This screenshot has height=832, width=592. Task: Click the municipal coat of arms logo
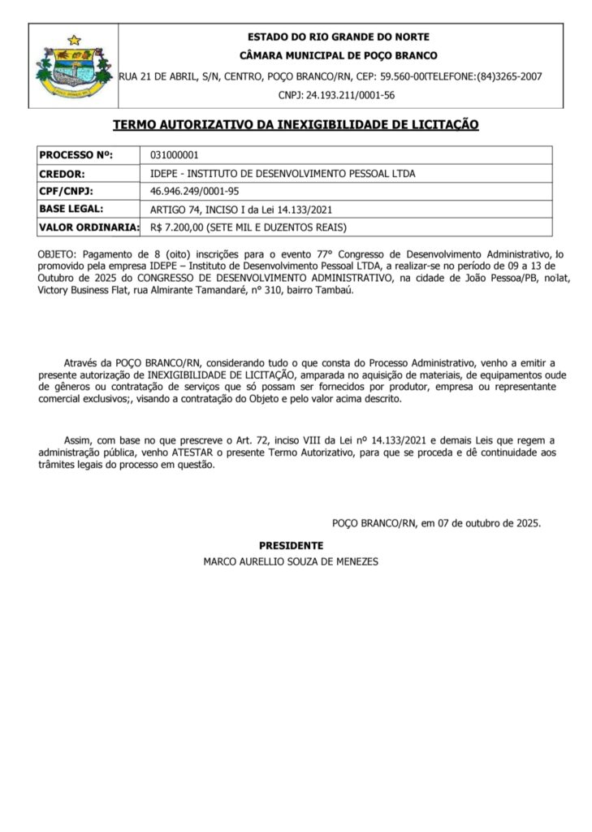73,67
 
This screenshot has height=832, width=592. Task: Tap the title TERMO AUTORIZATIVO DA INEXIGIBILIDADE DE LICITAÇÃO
296,125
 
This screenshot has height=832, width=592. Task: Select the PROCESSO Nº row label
77,155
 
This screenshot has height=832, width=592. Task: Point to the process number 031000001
175,155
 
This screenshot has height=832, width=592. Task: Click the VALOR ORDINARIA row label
89,227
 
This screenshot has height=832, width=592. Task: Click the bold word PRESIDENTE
291,545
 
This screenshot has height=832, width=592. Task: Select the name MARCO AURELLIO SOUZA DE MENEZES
291,561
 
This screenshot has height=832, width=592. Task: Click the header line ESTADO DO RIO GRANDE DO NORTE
338,37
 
